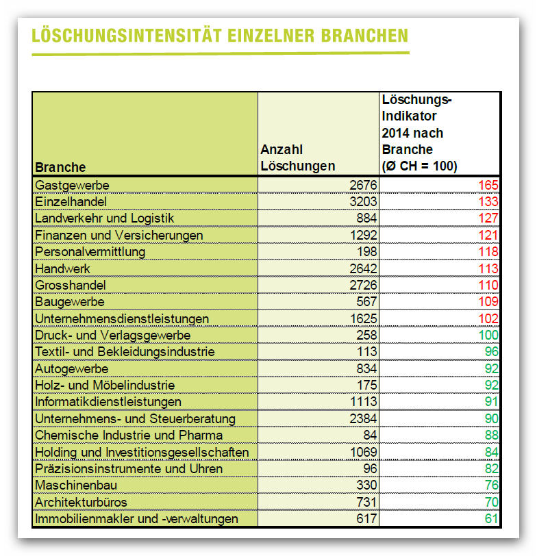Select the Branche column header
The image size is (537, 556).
60,167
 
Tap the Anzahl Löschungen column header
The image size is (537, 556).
297,157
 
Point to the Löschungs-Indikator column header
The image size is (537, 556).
420,133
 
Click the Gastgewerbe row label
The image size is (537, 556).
72,186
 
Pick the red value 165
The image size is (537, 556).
488,185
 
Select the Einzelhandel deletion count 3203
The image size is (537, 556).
363,201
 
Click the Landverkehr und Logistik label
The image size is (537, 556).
105,218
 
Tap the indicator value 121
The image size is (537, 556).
488,235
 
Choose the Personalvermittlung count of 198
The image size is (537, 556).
366,252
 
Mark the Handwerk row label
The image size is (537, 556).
62,269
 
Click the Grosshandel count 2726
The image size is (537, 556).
363,285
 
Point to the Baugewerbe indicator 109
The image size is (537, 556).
488,302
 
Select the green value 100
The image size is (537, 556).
488,335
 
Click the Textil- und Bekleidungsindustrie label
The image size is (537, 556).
125,352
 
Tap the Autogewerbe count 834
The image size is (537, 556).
366,369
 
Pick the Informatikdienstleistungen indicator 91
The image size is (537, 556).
492,402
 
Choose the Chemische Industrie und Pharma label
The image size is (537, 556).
129,435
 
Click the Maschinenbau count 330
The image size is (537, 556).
366,485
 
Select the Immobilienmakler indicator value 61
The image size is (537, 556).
492,519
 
